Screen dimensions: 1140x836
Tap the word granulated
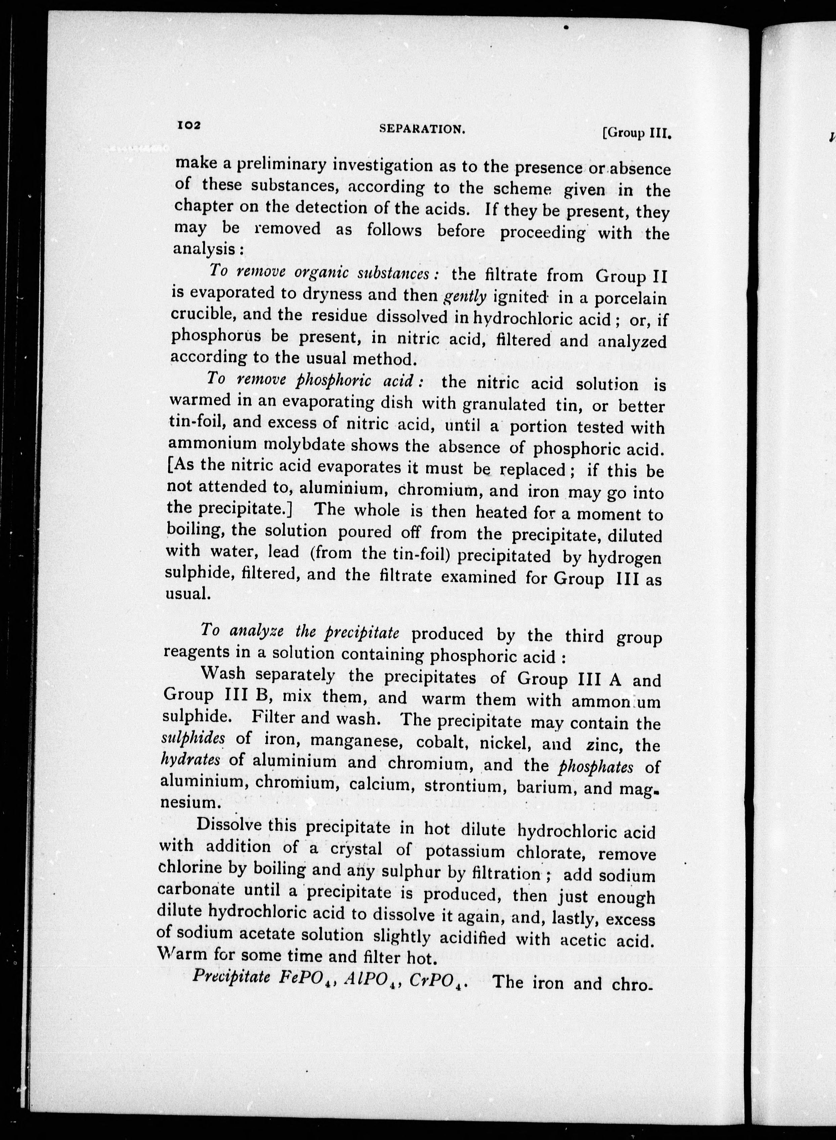(505, 404)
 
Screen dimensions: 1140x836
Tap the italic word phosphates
(596, 767)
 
